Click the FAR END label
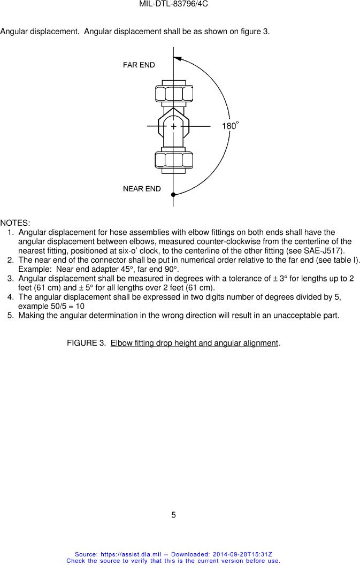click(x=139, y=65)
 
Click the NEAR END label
click(x=142, y=189)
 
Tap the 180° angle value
click(x=230, y=126)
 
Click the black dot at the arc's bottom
click(x=173, y=195)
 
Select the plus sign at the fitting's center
click(x=173, y=126)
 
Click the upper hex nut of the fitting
click(x=173, y=94)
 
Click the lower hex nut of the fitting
click(x=173, y=159)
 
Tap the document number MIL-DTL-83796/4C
click(x=173, y=4)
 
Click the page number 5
click(x=173, y=515)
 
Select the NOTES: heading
click(x=15, y=223)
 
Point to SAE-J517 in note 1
click(x=324, y=251)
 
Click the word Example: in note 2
click(x=35, y=269)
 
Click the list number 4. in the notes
click(x=11, y=297)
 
